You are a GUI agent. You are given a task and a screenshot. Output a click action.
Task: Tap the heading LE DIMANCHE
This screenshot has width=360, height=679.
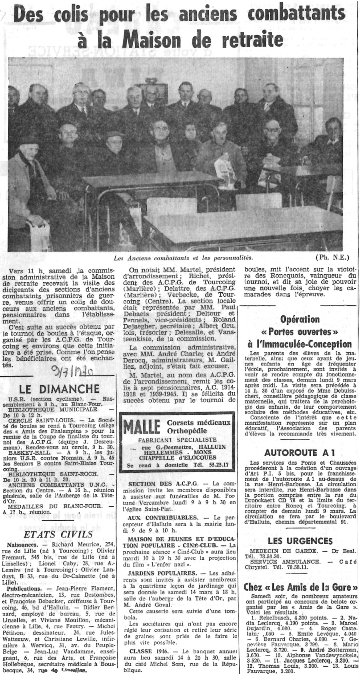coord(59,389)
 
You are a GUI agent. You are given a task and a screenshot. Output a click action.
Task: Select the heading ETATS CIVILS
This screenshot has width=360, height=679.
coord(58,535)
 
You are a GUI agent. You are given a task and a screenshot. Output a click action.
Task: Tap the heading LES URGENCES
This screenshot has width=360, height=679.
coord(300,541)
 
